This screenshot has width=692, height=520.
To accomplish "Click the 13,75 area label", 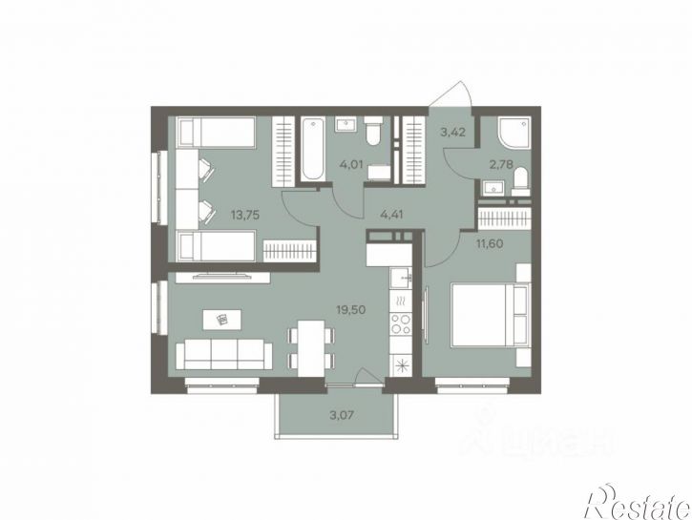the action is [x=245, y=216].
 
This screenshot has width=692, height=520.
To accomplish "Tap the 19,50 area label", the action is [x=351, y=310].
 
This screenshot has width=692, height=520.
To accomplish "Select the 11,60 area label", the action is [x=490, y=243].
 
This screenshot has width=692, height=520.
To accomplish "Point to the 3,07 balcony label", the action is [x=342, y=415].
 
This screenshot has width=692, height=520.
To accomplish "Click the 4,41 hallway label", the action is [x=392, y=216].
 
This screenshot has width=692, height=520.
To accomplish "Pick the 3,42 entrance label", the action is [x=453, y=132].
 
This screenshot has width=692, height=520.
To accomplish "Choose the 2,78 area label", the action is [x=501, y=165].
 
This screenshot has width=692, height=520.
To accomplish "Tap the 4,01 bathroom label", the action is [x=351, y=165].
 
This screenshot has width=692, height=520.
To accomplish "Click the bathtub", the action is [x=313, y=149].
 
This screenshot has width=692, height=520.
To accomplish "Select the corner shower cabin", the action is [x=514, y=133].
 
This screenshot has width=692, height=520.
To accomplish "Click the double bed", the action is [x=489, y=315].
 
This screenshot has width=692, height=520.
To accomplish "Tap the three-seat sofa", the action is [x=224, y=354].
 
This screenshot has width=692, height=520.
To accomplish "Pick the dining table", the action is [x=311, y=348].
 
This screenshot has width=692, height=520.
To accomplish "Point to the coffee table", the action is [x=222, y=320].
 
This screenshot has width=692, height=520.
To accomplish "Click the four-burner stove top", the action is [x=401, y=323].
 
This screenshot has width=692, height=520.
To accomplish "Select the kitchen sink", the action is [x=401, y=278].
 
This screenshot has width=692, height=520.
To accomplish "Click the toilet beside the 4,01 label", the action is [x=373, y=131].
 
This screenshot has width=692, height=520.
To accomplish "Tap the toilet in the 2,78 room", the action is [x=521, y=181].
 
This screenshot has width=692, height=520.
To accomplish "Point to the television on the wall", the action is [x=222, y=276].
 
